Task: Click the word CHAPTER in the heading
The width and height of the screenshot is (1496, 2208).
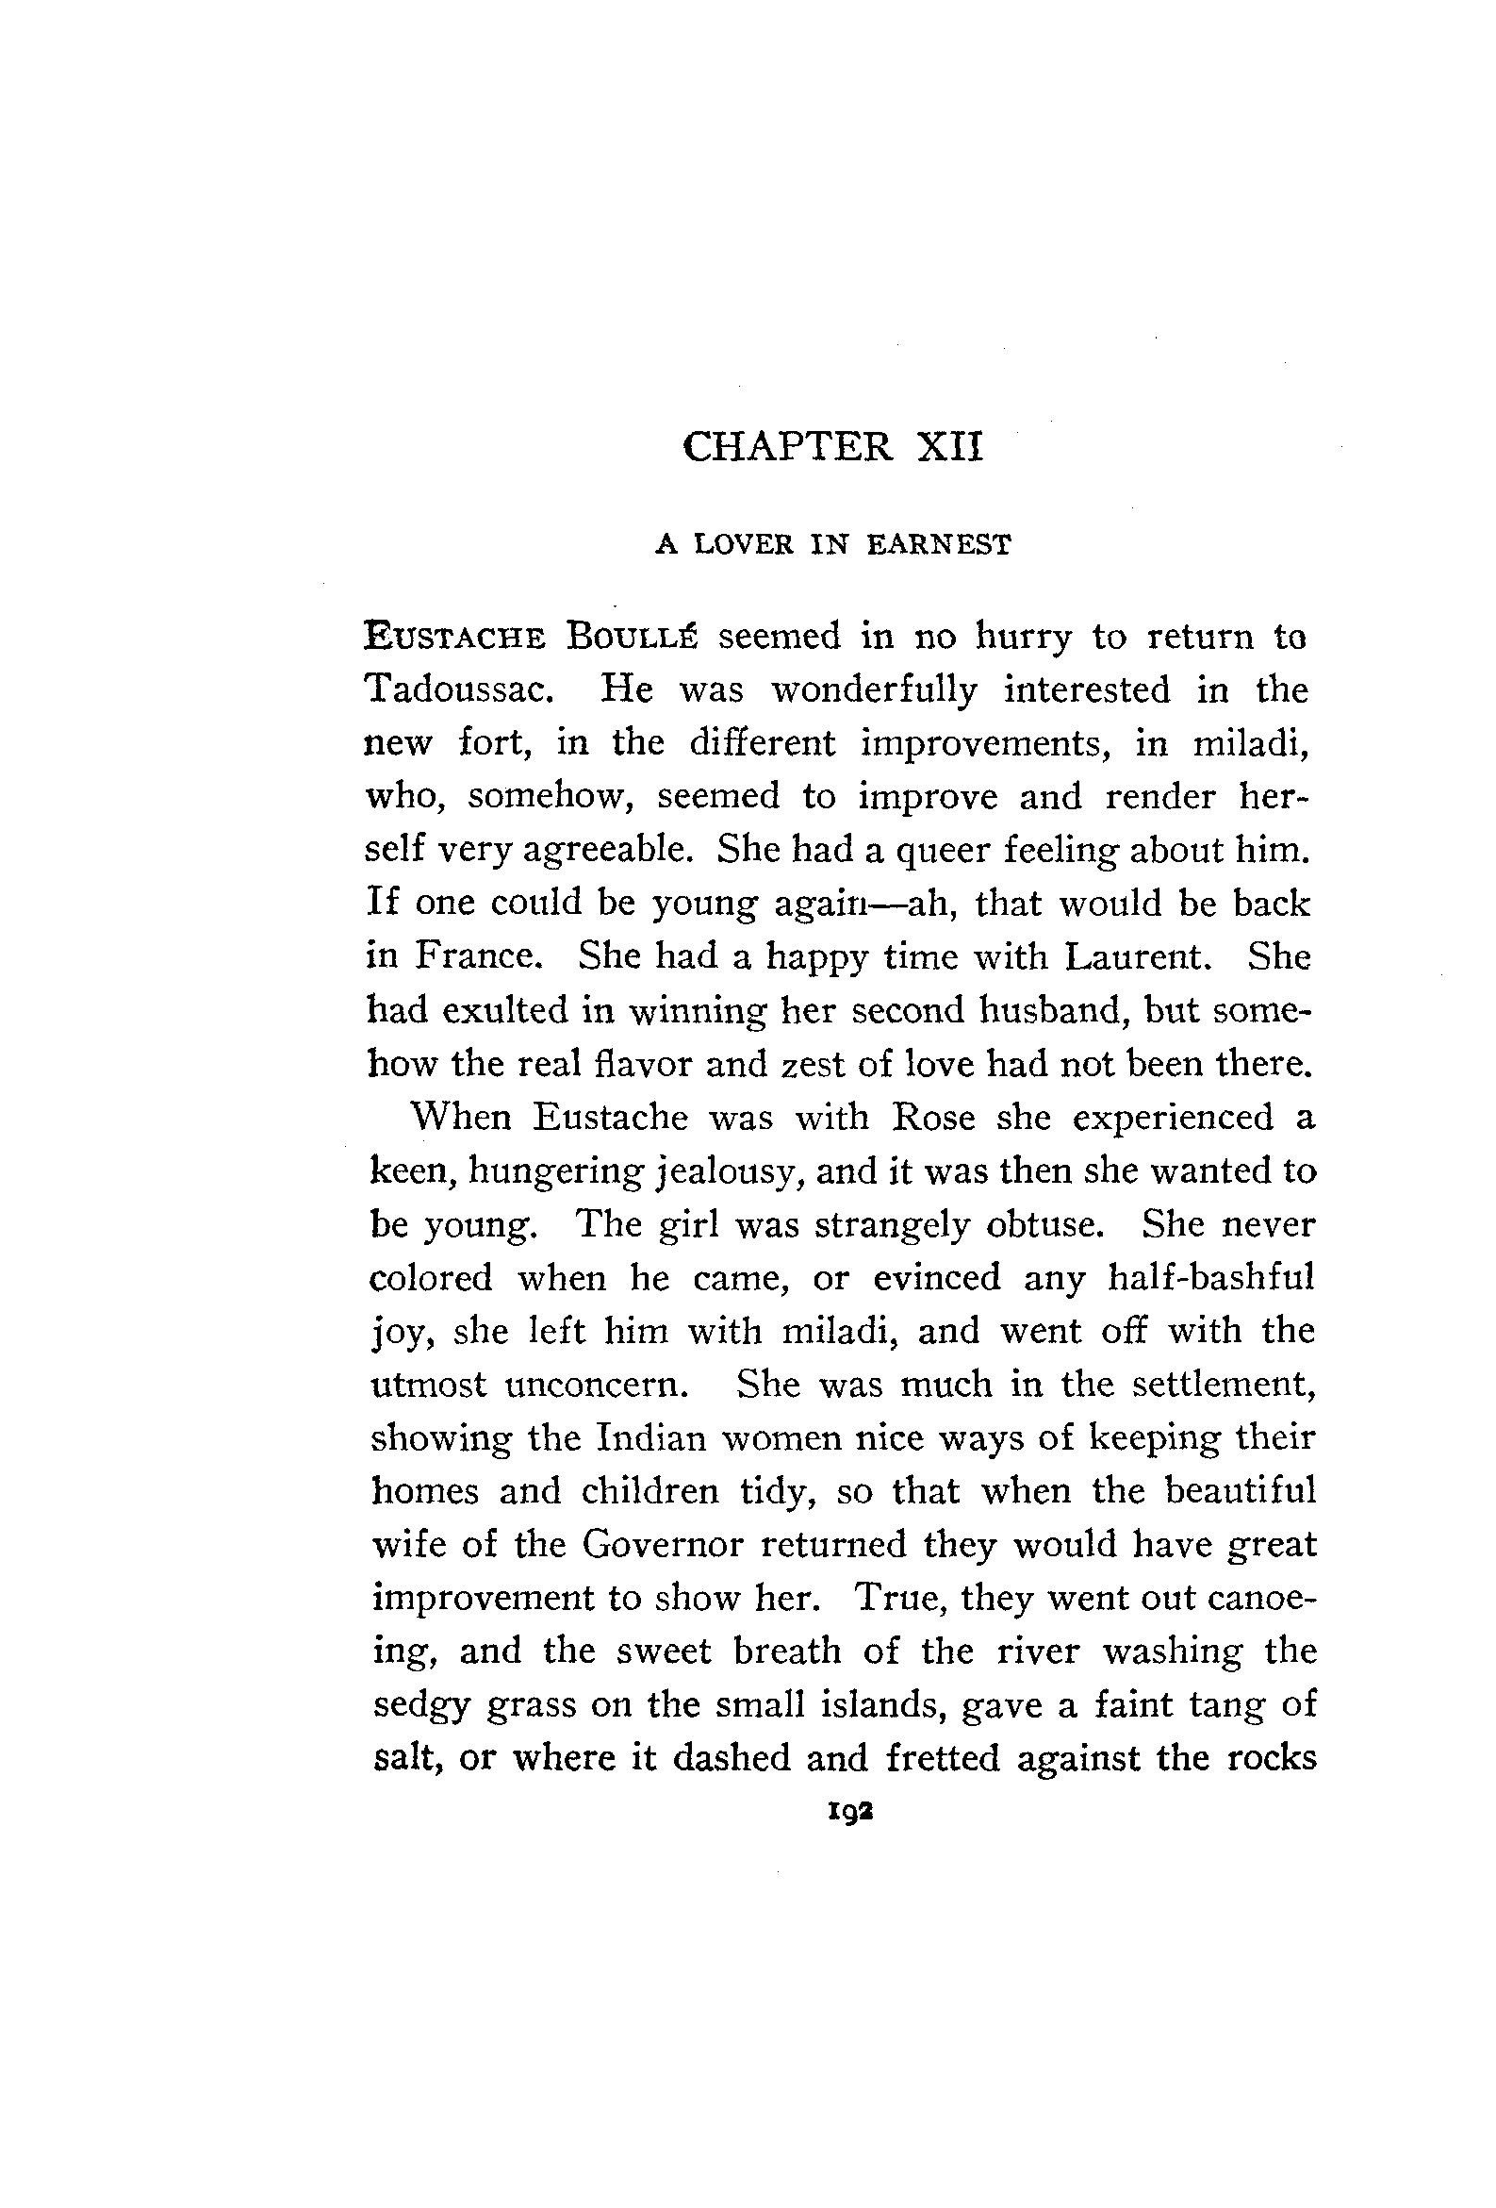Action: (787, 446)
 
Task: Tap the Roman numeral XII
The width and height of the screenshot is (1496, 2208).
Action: (950, 446)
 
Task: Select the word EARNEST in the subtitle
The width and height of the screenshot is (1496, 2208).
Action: (941, 544)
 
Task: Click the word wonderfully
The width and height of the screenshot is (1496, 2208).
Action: (874, 689)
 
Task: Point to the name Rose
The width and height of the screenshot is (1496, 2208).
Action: (933, 1117)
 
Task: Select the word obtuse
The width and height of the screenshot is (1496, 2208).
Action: (1045, 1223)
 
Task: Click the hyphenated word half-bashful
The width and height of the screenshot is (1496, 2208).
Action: (1211, 1277)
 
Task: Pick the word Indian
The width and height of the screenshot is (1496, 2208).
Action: (650, 1437)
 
